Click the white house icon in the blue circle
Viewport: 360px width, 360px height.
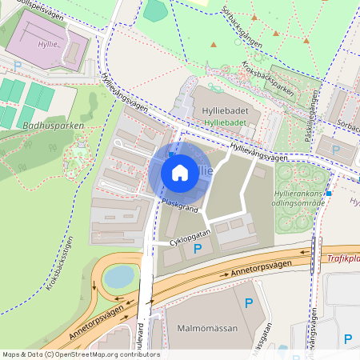(x=180, y=172)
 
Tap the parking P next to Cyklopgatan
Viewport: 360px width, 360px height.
(x=198, y=250)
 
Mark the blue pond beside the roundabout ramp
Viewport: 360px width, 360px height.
(x=119, y=277)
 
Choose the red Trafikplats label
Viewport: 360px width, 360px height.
(x=342, y=258)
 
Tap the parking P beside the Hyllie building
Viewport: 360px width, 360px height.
(x=18, y=66)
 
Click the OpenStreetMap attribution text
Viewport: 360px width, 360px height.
(x=81, y=354)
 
